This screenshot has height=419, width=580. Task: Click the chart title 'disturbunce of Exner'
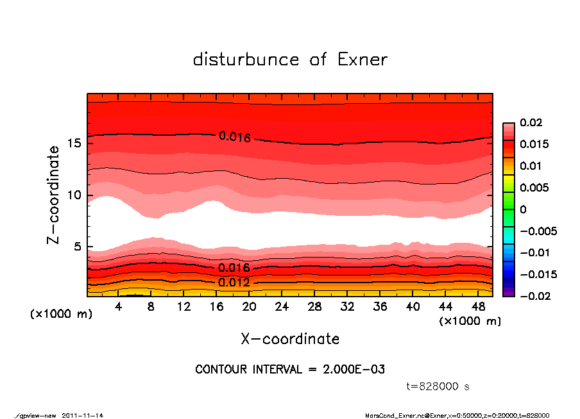290,60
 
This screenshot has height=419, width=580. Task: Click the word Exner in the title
362,60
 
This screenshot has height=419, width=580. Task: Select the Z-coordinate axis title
54,194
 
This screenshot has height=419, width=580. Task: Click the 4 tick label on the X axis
119,307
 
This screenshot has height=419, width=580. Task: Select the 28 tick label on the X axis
315,307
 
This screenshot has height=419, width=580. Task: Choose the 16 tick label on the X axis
216,307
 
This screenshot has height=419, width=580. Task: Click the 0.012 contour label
234,283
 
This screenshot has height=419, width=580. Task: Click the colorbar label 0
523,209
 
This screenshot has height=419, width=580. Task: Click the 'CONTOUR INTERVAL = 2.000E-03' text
290,370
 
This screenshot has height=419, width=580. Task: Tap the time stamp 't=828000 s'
438,386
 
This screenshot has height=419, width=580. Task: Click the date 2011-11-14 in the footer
83,415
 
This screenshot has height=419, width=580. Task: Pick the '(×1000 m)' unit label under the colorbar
470,321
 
